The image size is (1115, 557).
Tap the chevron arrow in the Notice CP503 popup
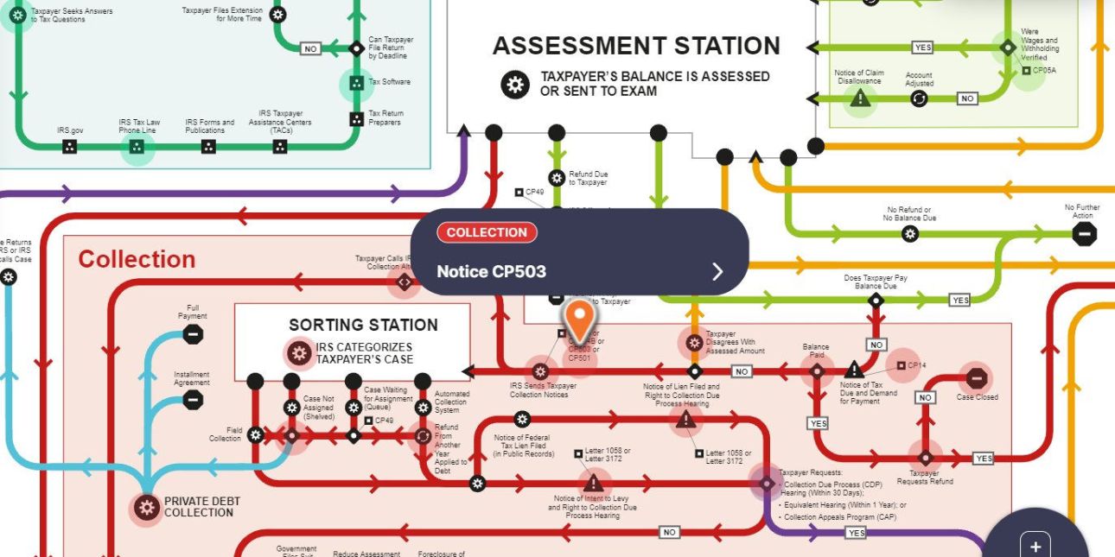coord(717,272)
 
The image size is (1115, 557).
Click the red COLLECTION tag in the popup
coord(487,232)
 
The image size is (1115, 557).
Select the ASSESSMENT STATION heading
coord(636,46)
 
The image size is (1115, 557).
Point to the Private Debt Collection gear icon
coord(146,508)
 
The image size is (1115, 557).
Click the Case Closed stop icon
coord(976,378)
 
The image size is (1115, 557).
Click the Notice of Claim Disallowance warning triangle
coord(859,99)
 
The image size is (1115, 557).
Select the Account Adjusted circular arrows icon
coord(919,99)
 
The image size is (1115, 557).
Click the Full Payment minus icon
coord(193,334)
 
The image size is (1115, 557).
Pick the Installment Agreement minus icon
coord(193,400)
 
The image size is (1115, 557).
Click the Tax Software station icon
coord(355,83)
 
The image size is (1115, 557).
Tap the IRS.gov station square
coord(70,147)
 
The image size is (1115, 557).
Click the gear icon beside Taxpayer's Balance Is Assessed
coord(515,84)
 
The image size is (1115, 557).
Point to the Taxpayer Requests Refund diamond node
coord(925,457)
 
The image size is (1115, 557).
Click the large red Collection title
coord(137,259)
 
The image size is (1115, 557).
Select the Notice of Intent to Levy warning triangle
coord(593,483)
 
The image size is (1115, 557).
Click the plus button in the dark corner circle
coord(1035,546)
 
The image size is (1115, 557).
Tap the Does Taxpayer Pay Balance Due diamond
coord(876,301)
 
